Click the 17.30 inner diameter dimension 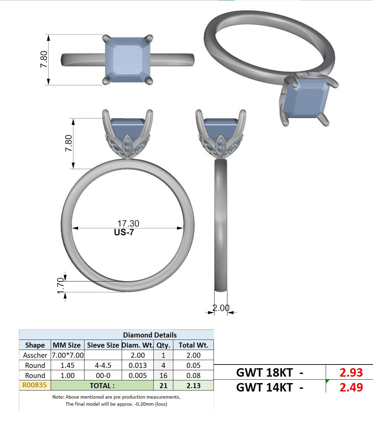(x=128, y=223)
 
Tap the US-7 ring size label (x=124, y=233)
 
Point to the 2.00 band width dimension (x=221, y=308)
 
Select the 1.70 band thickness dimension (x=61, y=286)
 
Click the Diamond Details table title (x=150, y=335)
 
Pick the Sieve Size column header (x=103, y=345)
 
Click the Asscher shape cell (x=35, y=355)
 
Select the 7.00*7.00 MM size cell (x=68, y=355)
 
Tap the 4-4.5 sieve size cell (x=103, y=365)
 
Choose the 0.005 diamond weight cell (x=138, y=376)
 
